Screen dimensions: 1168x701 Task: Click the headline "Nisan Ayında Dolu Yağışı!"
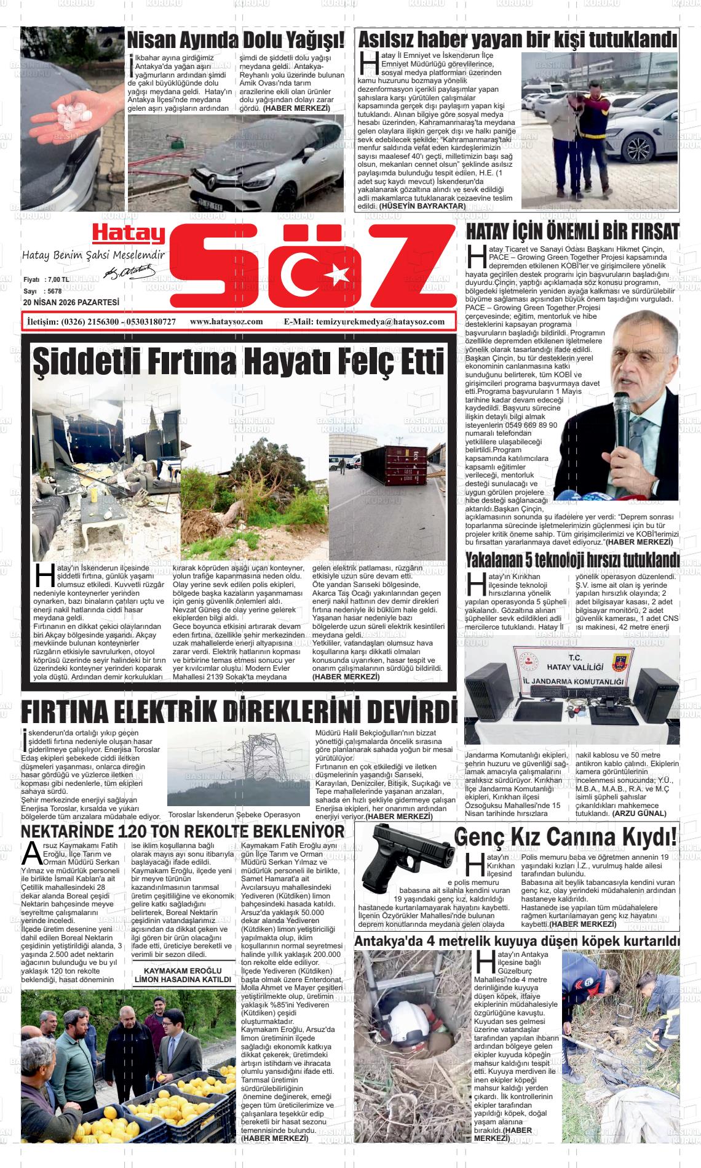pyautogui.click(x=236, y=41)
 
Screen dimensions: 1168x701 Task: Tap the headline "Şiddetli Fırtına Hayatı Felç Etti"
pyautogui.click(x=238, y=362)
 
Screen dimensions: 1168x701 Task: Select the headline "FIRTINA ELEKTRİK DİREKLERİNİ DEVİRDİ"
pyautogui.click(x=239, y=712)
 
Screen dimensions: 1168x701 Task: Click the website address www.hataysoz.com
pyautogui.click(x=226, y=322)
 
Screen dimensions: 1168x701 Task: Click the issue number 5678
pyautogui.click(x=54, y=291)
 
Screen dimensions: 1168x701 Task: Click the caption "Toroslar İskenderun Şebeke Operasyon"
pyautogui.click(x=234, y=814)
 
